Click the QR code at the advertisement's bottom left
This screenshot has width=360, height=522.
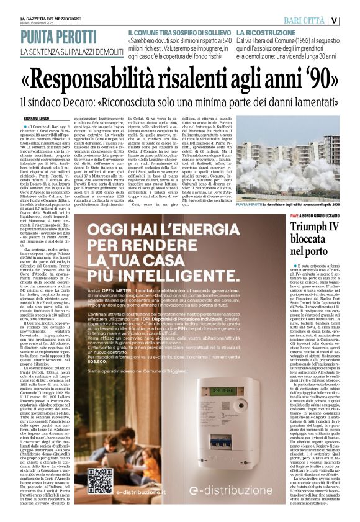100,480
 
